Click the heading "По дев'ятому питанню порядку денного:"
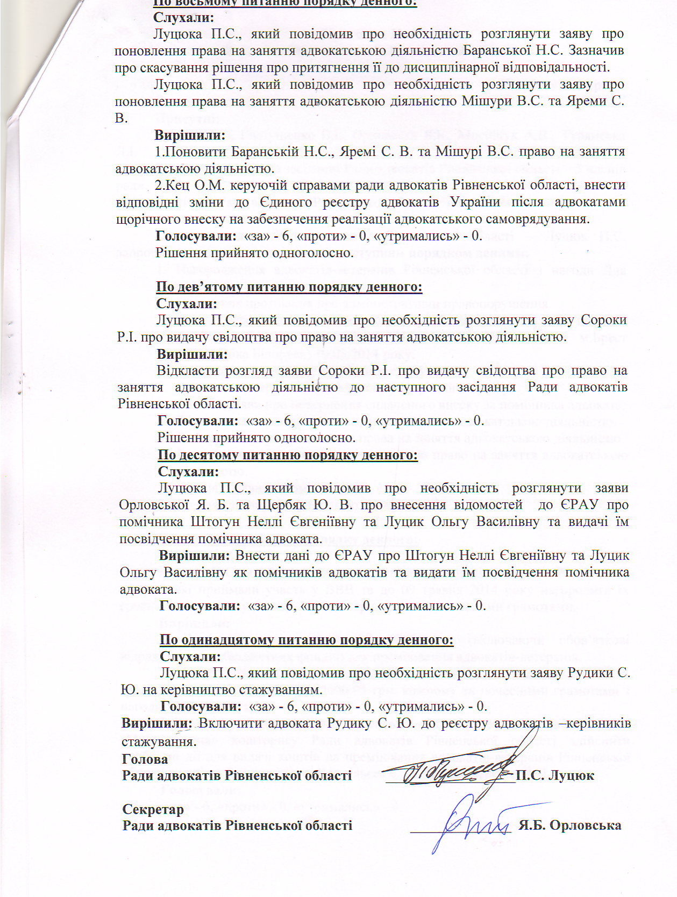pos(289,287)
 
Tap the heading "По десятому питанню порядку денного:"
pos(288,455)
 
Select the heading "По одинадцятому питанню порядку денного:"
pos(307,640)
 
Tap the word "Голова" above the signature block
pos(145,759)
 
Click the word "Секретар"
pos(153,809)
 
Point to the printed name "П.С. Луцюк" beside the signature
pos(554,775)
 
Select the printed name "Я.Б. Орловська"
pos(570,825)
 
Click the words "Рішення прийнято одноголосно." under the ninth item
pos(256,438)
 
